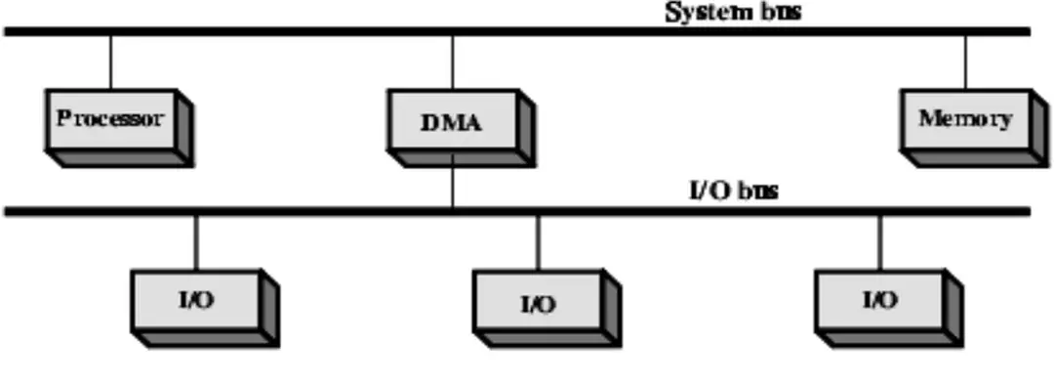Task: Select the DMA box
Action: pyautogui.click(x=452, y=124)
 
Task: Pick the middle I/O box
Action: pyautogui.click(x=536, y=305)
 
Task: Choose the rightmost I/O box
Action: pyautogui.click(x=878, y=302)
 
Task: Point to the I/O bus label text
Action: pyautogui.click(x=727, y=191)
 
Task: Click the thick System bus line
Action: pyautogui.click(x=293, y=32)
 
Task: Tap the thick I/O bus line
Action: pyautogui.click(x=293, y=210)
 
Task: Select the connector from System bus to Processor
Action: pyautogui.click(x=110, y=62)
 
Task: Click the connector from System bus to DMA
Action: pyautogui.click(x=452, y=62)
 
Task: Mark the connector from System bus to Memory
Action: pyautogui.click(x=965, y=62)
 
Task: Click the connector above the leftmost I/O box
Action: pyautogui.click(x=197, y=241)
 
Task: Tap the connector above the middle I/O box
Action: pyautogui.click(x=538, y=243)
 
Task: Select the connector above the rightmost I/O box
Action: pyautogui.click(x=879, y=241)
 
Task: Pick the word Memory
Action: pyautogui.click(x=965, y=119)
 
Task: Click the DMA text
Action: pyautogui.click(x=452, y=123)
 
